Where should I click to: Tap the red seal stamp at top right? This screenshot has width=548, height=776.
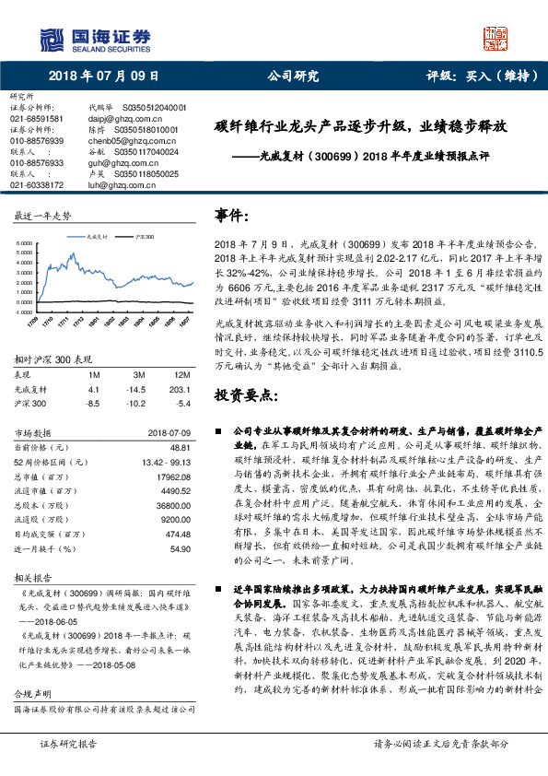(497, 36)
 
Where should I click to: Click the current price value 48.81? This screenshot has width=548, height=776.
(181, 446)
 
